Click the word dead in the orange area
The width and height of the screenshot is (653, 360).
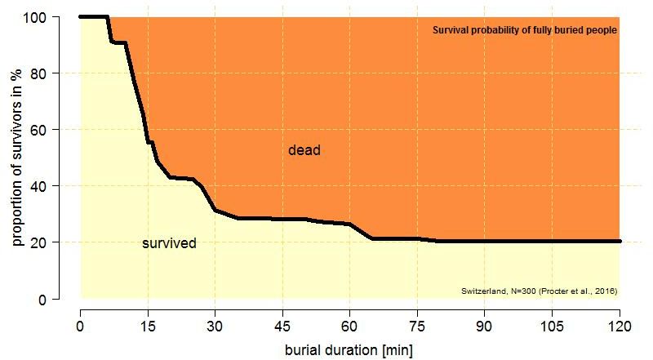point(304,150)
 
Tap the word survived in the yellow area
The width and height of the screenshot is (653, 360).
point(169,243)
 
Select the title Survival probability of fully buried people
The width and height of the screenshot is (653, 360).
point(524,30)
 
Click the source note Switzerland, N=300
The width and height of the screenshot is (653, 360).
point(539,291)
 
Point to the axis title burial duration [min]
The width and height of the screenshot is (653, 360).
point(349,350)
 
